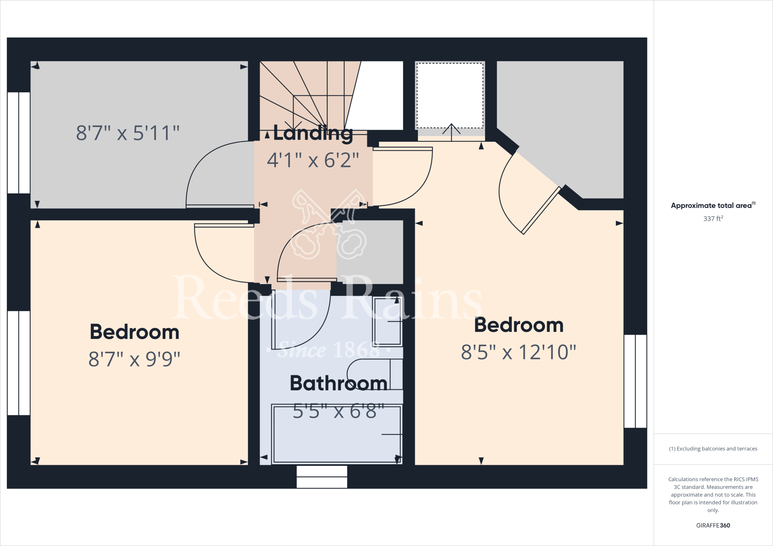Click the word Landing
313,133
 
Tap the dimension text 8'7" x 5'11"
128,133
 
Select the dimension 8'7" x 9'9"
134,359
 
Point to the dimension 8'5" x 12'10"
518,352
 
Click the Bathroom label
339,383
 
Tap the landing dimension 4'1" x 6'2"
313,160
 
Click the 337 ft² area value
713,219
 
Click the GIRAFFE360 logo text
713,525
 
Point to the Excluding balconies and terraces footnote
713,449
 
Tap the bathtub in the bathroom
337,434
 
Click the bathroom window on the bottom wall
322,477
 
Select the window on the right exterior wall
635,381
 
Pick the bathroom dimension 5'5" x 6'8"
339,411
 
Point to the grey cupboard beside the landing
370,252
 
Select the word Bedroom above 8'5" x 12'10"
519,325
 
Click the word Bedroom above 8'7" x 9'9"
134,332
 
